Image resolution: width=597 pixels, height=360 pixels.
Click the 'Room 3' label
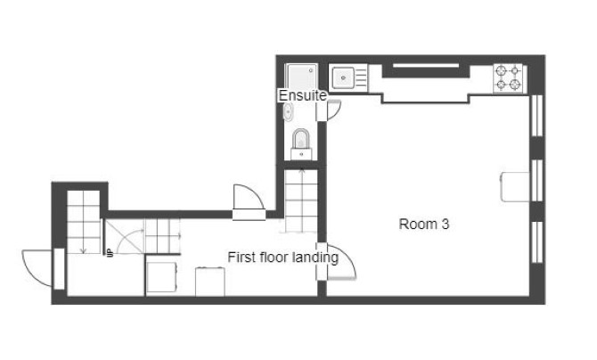click(x=423, y=225)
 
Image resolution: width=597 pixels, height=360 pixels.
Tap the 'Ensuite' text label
click(x=302, y=95)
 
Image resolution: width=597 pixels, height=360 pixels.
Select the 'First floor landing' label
click(x=282, y=258)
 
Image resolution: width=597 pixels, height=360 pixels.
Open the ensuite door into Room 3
click(x=333, y=110)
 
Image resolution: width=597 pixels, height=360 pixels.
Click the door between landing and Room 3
click(x=339, y=260)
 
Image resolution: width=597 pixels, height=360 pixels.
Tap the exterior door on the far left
click(x=37, y=267)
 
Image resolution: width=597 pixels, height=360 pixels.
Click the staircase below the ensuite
click(x=301, y=202)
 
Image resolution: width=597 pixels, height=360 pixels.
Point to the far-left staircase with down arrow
click(x=83, y=223)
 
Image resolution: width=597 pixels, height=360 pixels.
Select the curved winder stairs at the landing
click(x=125, y=239)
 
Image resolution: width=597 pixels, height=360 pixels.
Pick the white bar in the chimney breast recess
click(x=427, y=66)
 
